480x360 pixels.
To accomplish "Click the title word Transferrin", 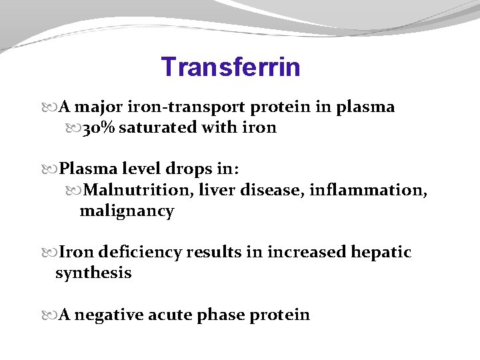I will click(231, 67).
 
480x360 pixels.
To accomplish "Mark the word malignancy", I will click(127, 211).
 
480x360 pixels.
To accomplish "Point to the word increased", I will click(307, 253).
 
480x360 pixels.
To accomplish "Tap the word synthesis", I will click(93, 273).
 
